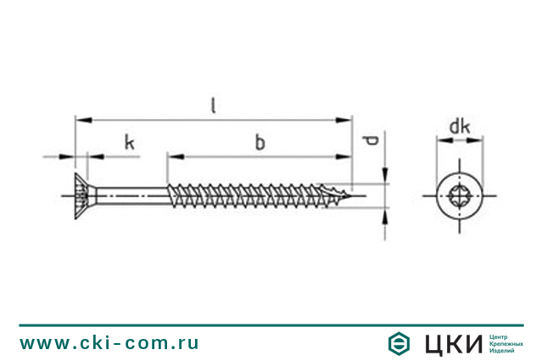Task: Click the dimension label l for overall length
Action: (x=214, y=105)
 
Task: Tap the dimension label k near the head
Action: (x=129, y=142)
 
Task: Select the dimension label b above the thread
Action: (x=260, y=142)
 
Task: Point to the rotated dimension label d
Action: (x=372, y=140)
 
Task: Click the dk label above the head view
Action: (x=460, y=127)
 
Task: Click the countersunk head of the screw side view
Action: (x=81, y=196)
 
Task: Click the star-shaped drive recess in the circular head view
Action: (x=460, y=196)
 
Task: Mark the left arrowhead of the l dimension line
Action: (x=84, y=120)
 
